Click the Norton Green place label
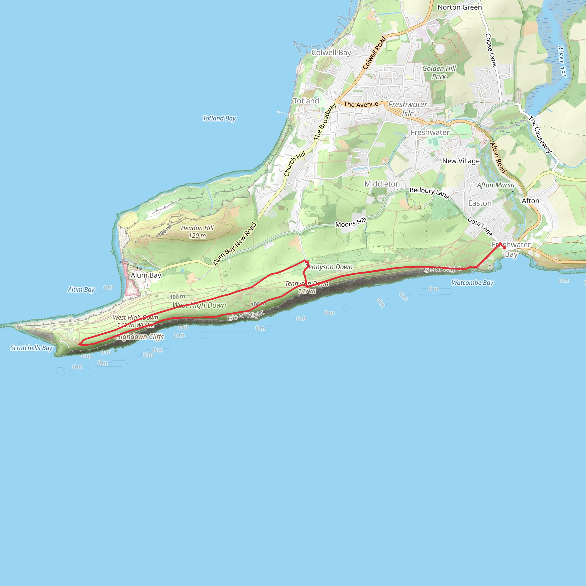click(460, 7)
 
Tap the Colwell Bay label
click(331, 52)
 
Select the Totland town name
click(306, 101)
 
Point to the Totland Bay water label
click(219, 118)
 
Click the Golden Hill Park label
click(439, 72)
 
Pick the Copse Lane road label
click(491, 50)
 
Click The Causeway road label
click(540, 134)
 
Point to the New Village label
click(461, 161)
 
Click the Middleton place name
click(382, 184)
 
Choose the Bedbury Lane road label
click(429, 192)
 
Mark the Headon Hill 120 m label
click(197, 232)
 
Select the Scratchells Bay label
click(31, 348)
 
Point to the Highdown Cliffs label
click(140, 337)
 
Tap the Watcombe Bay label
click(473, 283)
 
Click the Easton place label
click(480, 203)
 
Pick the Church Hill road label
click(295, 164)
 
